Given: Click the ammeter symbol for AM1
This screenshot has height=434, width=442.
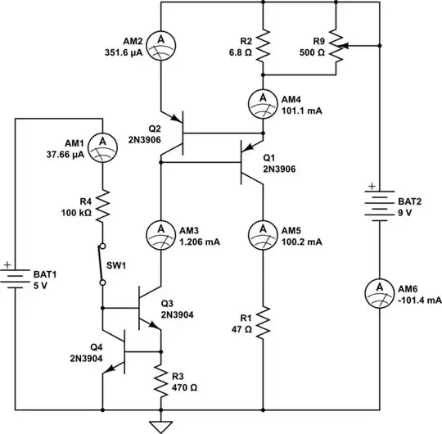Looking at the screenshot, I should [x=102, y=145].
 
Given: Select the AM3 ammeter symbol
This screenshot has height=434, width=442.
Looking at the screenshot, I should [x=161, y=234].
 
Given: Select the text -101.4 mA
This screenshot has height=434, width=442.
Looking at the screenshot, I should [x=420, y=300].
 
